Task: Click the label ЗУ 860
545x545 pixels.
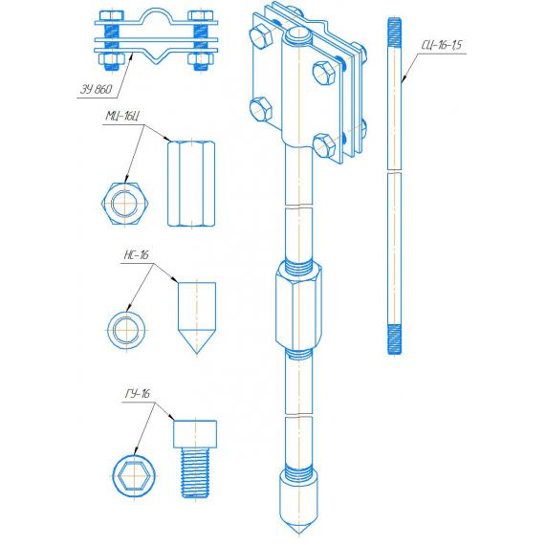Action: point(97,89)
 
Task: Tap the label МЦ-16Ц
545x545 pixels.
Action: point(122,116)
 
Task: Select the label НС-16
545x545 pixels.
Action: point(136,254)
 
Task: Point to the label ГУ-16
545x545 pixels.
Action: point(138,394)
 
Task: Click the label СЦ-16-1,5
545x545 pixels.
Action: point(442,45)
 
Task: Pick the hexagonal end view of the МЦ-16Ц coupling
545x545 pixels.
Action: point(125,204)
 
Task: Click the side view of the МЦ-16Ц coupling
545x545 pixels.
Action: point(191,184)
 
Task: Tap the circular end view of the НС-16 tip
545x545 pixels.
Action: point(126,330)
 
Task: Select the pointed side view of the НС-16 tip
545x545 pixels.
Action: point(197,317)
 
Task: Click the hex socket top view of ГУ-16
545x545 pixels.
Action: point(134,476)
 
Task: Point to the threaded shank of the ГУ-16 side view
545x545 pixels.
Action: point(195,473)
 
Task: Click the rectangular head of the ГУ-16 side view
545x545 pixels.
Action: point(195,434)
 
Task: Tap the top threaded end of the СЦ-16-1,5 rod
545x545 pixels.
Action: point(394,32)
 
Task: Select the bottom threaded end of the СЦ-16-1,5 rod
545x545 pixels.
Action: point(394,339)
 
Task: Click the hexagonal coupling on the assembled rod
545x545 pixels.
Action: point(298,307)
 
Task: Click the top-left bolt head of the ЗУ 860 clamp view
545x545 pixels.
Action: point(112,15)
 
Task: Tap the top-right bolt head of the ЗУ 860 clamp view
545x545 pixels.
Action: point(201,15)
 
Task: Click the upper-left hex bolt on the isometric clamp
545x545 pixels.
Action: point(261,35)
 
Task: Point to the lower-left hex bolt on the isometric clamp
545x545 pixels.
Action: point(261,109)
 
